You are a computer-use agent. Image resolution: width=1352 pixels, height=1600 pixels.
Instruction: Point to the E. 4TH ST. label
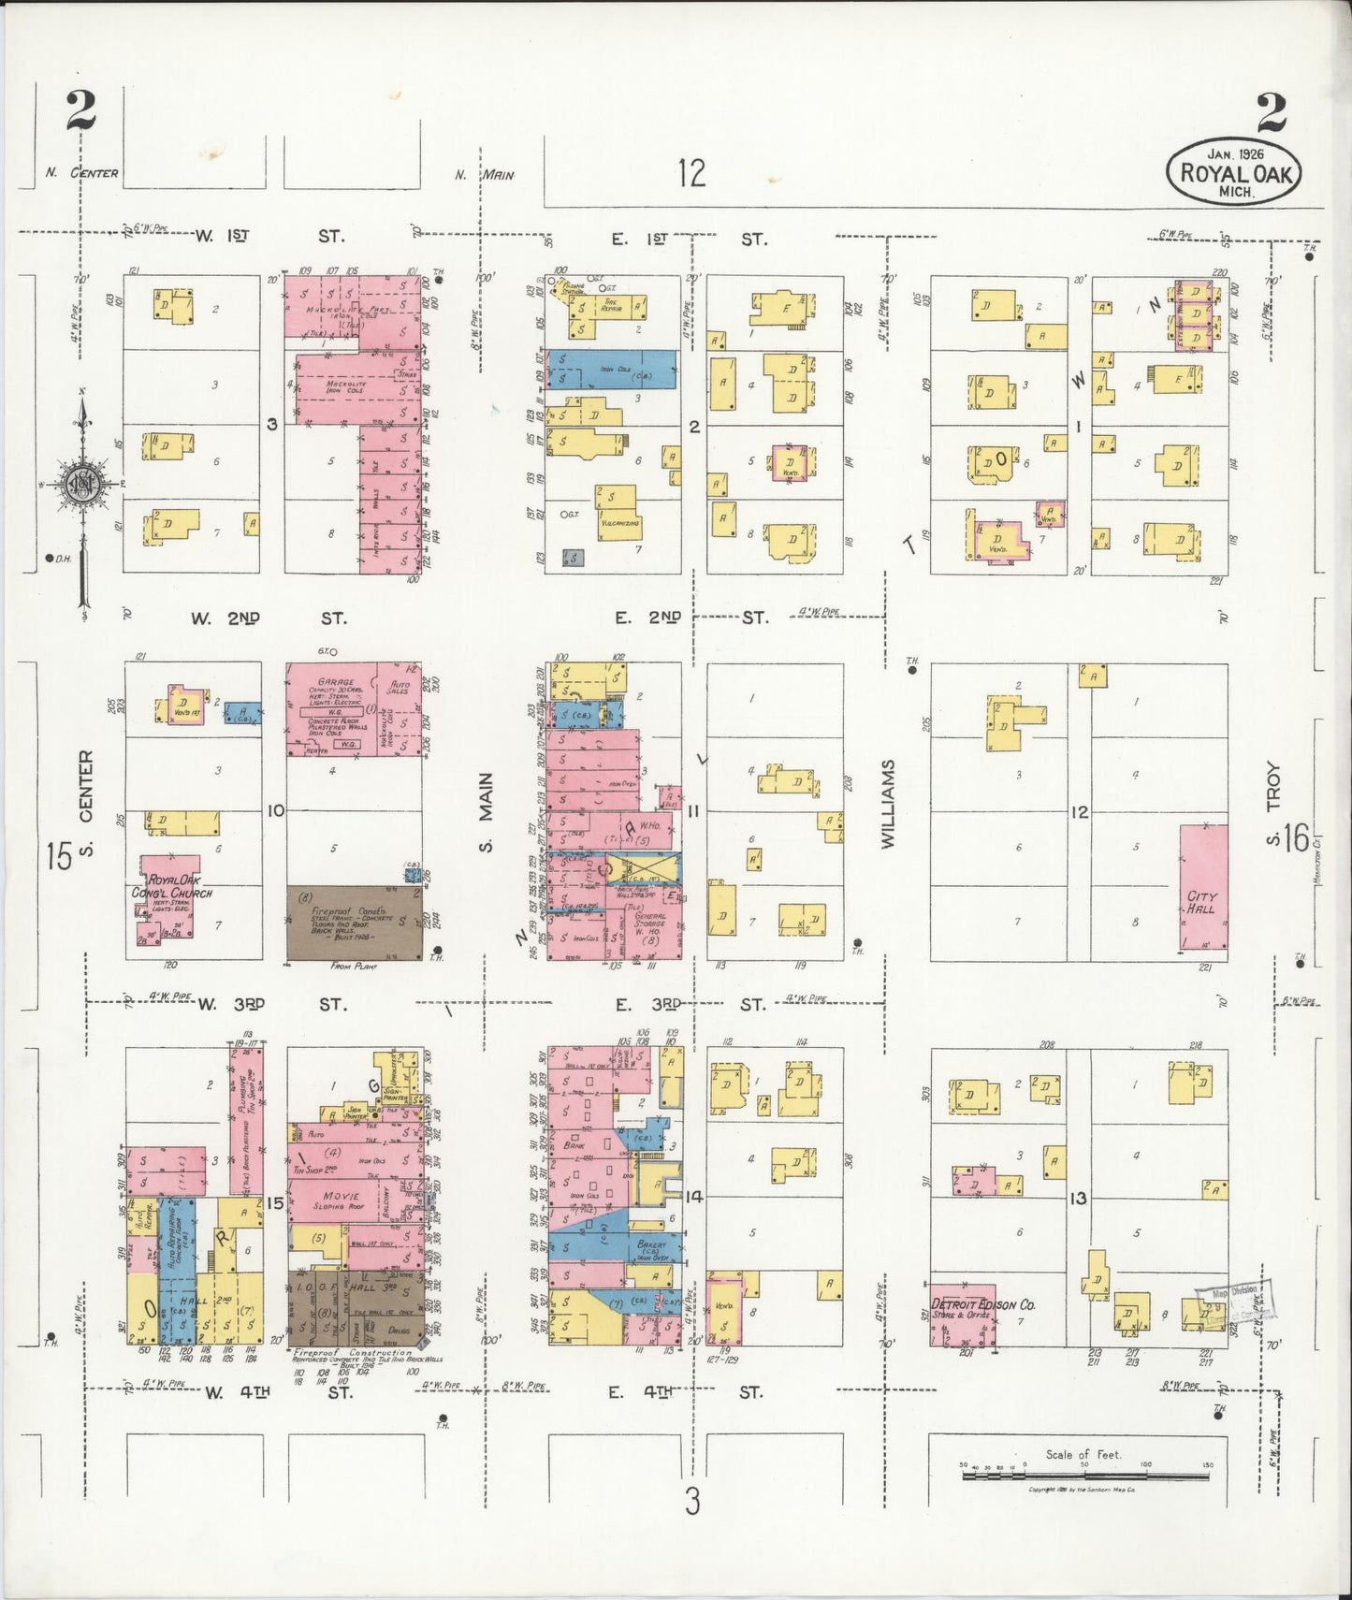[687, 1392]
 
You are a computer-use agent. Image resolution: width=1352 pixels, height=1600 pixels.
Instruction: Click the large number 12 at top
[691, 173]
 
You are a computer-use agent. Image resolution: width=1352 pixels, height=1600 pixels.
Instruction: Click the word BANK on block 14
[574, 1144]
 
